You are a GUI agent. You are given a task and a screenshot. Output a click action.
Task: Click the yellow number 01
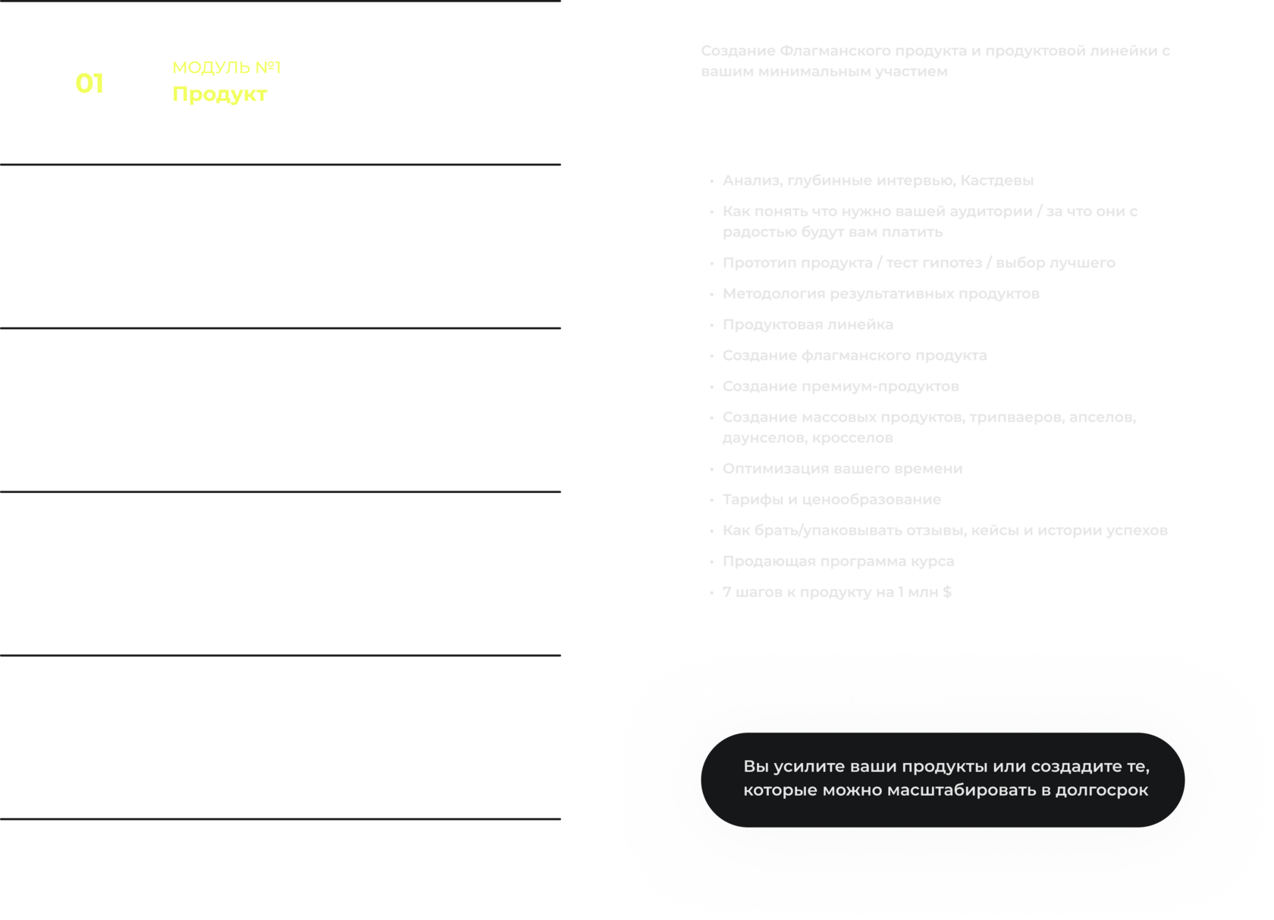tap(89, 83)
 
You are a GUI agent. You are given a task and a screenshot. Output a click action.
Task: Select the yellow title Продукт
tap(219, 94)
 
